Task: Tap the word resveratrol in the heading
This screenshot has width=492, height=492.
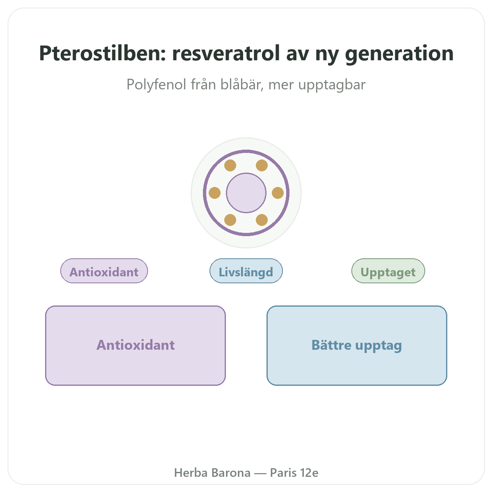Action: coord(226,53)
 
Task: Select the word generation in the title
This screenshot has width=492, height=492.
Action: coord(399,55)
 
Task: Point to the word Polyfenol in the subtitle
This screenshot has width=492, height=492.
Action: coord(156,84)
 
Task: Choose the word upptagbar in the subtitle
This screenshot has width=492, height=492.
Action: coord(332,85)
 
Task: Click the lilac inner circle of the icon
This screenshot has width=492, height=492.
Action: coord(246,193)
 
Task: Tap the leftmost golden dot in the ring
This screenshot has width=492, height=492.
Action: coord(214,193)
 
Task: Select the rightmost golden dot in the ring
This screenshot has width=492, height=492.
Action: coord(278,193)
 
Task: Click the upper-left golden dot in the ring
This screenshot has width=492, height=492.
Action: coord(230,166)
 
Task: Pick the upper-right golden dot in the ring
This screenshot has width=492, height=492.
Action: coord(262,166)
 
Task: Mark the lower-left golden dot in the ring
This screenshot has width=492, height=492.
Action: coord(230,220)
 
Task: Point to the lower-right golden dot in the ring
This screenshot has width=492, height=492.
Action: coord(262,220)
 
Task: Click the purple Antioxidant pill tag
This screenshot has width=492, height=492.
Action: coord(104,271)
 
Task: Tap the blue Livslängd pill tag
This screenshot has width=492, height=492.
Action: coord(246,271)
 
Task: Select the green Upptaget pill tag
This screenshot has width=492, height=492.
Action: coord(388,271)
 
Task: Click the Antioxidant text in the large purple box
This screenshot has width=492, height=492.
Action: coord(136,345)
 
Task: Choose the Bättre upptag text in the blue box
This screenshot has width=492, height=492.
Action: coord(357,346)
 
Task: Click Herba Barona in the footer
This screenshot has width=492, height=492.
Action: coord(212,473)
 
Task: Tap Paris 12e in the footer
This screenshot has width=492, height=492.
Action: coord(294,473)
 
